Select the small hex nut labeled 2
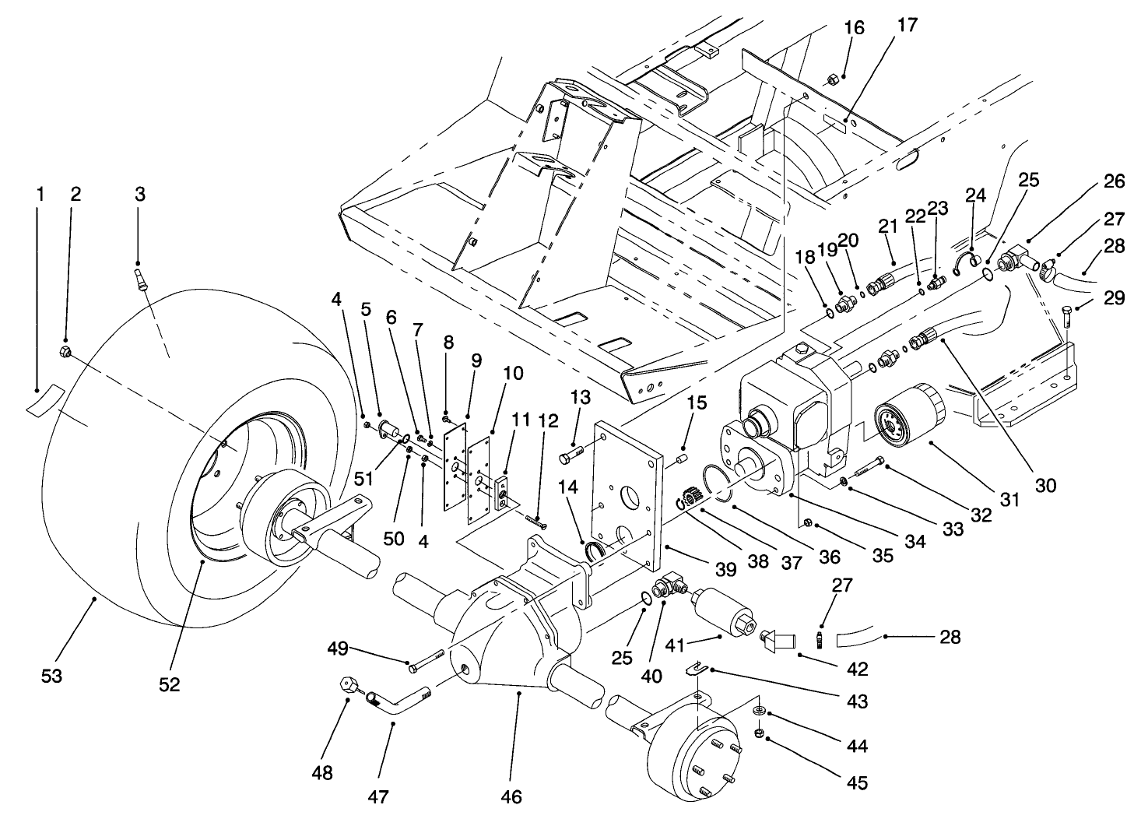click(x=65, y=353)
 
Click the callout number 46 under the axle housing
click(x=512, y=796)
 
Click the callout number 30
click(x=1046, y=485)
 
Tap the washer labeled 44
click(x=758, y=711)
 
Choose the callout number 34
click(x=915, y=540)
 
